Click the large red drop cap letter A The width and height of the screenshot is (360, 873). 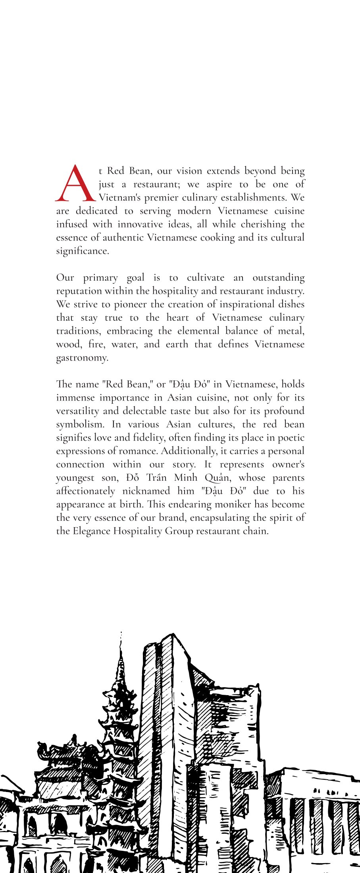75,184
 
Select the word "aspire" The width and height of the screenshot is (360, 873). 219,184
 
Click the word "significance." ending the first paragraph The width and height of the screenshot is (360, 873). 83,251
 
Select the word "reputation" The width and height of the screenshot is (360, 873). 79,291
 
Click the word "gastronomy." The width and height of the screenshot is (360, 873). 82,358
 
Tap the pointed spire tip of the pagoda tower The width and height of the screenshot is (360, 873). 121,633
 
